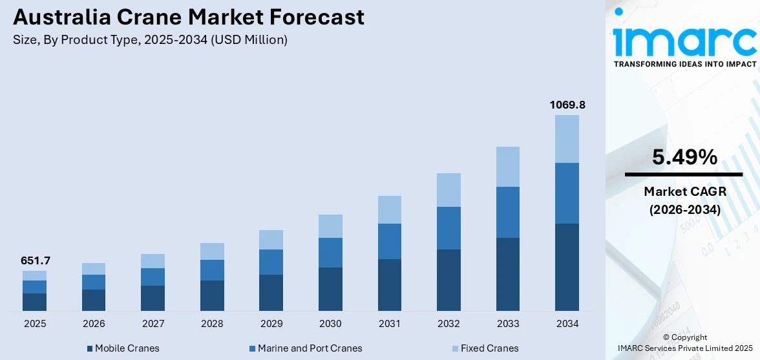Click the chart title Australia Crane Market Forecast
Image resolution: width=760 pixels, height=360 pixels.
tap(188, 17)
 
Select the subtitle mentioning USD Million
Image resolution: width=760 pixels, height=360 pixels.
tap(150, 40)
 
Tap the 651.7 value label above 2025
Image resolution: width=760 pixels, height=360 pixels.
tap(35, 261)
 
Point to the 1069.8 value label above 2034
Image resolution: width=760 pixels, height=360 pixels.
tap(567, 105)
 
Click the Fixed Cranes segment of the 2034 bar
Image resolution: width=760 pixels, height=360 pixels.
tap(567, 139)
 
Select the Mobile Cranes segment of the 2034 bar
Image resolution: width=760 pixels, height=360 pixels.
tap(567, 267)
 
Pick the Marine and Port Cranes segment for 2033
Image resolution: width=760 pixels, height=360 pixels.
tap(508, 212)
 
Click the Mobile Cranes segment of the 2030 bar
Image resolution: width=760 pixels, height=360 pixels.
tap(330, 289)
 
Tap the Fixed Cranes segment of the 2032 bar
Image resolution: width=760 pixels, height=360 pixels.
tap(449, 190)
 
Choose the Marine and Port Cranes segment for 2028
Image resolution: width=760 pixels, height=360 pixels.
tap(212, 270)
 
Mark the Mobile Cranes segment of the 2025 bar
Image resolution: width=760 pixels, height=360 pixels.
tap(35, 302)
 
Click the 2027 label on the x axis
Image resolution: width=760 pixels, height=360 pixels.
tap(153, 323)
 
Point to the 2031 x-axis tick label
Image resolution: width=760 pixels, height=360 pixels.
tap(390, 323)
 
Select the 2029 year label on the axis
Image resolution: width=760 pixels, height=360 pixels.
tap(271, 323)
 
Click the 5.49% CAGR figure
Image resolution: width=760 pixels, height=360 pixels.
tap(684, 157)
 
